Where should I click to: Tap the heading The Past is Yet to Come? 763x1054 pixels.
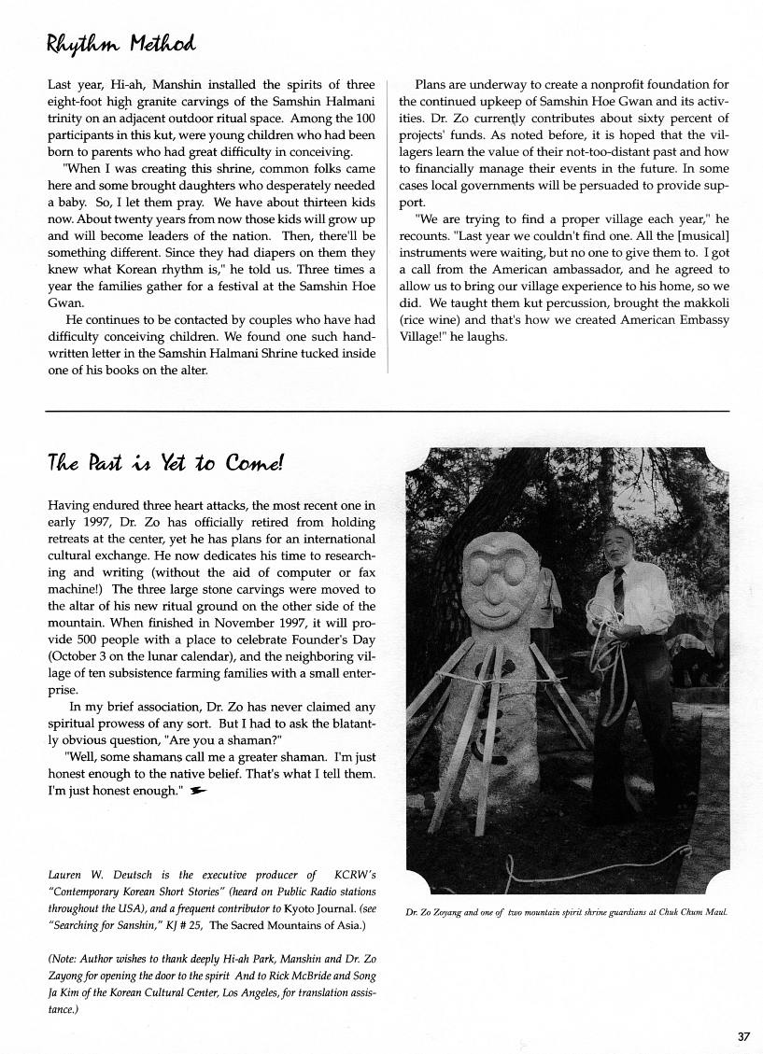tap(164, 464)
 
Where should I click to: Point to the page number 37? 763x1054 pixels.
tap(743, 1036)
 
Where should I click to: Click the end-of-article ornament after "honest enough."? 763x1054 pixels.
tap(196, 791)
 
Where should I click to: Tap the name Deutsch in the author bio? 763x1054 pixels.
tap(114, 875)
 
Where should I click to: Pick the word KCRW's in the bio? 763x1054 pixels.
tap(354, 875)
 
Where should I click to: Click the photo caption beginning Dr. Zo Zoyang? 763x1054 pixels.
tap(568, 912)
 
